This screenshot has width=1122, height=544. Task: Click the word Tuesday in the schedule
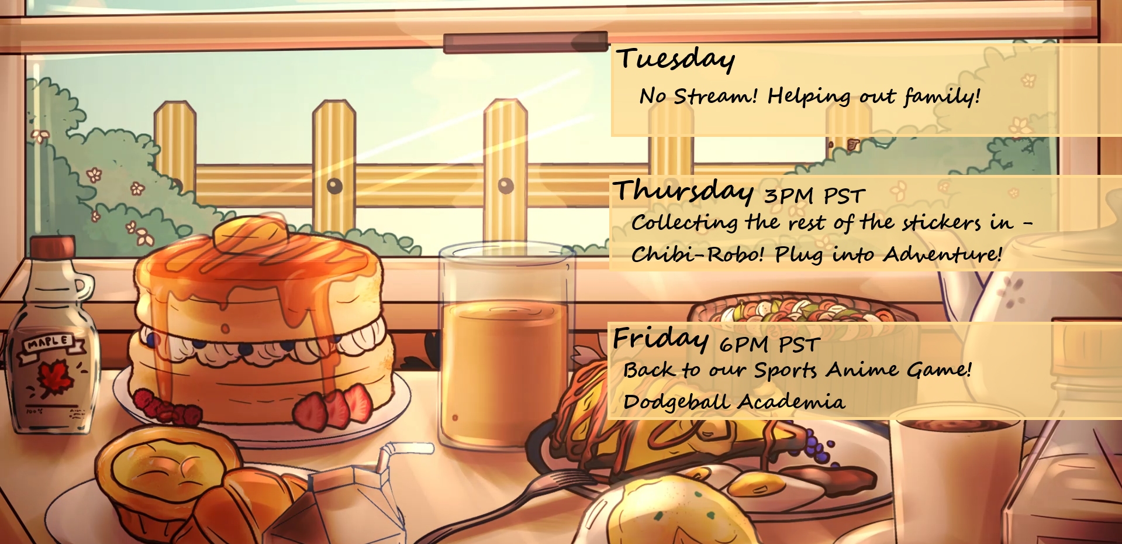pyautogui.click(x=675, y=59)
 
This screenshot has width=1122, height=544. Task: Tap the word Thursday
pyautogui.click(x=683, y=191)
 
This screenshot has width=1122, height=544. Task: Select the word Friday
pyautogui.click(x=661, y=339)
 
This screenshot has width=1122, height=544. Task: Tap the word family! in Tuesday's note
pyautogui.click(x=942, y=96)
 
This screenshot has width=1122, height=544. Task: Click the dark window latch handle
pyautogui.click(x=525, y=42)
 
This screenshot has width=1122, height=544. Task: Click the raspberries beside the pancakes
pyautogui.click(x=166, y=407)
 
